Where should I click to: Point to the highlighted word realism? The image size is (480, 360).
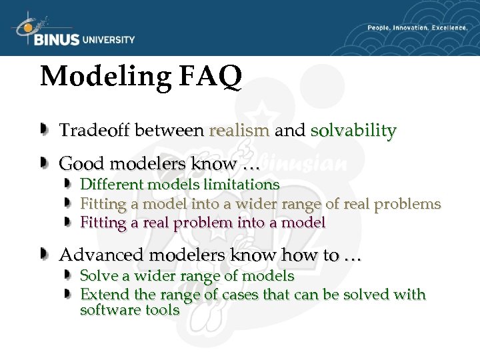pos(239,130)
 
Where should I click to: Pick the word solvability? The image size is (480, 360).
pos(353,130)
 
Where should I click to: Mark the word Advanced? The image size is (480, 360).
pos(100,255)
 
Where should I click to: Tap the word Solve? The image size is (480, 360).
pos(97,276)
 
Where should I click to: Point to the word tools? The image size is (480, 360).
pos(163,310)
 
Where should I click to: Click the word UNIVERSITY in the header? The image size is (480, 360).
pos(108,39)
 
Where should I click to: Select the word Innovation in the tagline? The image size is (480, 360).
pos(413,28)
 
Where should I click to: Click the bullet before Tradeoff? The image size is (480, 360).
pos(44,129)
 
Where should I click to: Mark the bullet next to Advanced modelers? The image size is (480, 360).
pos(44,254)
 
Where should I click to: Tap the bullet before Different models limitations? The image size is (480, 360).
pos(67,183)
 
